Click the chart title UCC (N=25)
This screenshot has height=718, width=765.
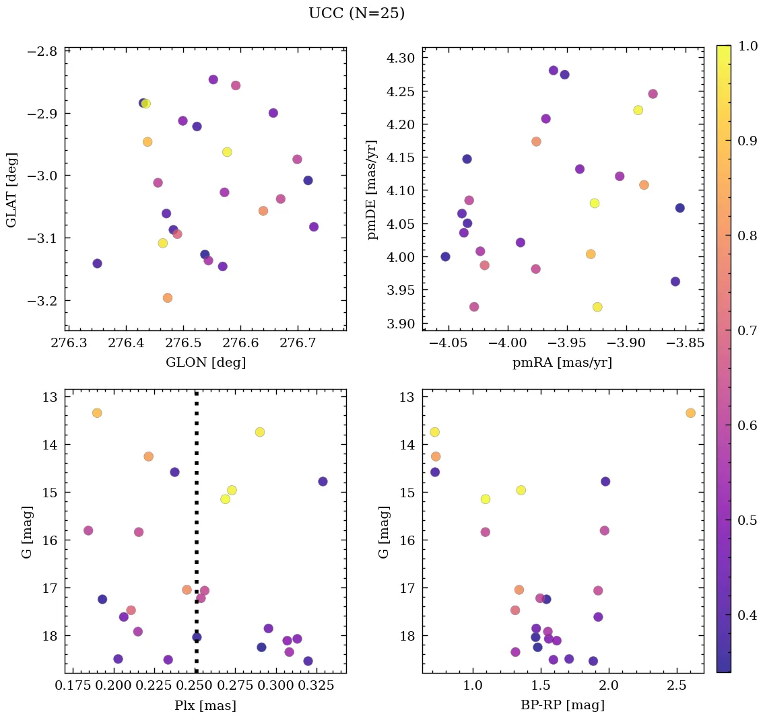click(356, 13)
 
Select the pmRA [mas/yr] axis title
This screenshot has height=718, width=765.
click(562, 363)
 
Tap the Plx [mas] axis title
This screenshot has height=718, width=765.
click(205, 705)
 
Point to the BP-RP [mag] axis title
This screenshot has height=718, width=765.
click(563, 705)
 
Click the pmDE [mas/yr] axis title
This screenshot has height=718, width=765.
click(372, 190)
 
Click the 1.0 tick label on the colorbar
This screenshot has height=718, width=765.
click(747, 46)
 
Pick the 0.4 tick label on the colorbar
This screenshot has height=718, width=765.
click(747, 616)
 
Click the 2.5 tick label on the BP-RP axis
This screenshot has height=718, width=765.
click(677, 686)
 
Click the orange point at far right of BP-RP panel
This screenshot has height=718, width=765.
click(690, 412)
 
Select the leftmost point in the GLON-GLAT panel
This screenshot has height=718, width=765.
click(97, 263)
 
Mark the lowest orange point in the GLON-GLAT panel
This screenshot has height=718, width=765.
click(168, 297)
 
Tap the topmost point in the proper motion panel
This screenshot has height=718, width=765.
click(554, 71)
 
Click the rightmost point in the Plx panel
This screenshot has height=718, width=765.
click(323, 481)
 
